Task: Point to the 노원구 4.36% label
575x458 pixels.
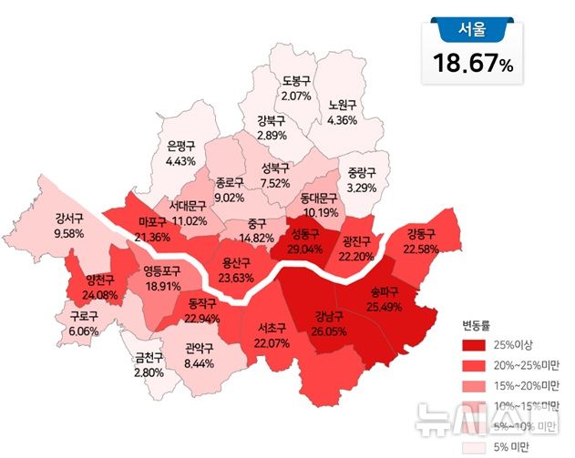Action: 342,112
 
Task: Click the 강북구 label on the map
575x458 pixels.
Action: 272,127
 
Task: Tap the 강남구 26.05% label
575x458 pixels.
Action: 328,325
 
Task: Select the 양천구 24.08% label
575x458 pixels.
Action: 99,287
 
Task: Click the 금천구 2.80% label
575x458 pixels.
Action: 148,365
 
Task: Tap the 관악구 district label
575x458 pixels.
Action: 199,355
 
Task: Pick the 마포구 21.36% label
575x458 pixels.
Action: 152,229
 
